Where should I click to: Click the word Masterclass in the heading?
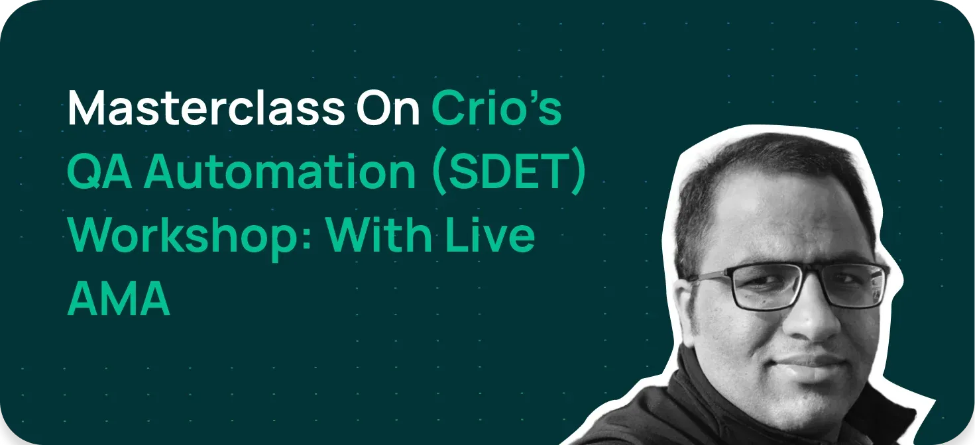point(205,108)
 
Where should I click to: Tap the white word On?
point(388,108)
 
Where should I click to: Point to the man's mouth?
point(815,361)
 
